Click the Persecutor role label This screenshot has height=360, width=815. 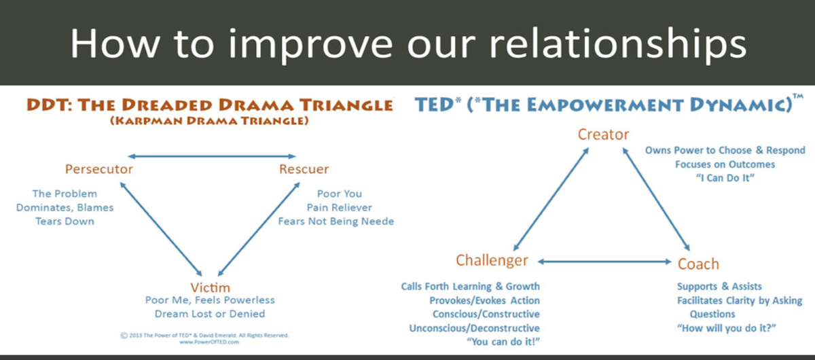point(98,169)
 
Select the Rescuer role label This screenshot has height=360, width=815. point(304,169)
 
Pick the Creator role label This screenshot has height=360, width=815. point(603,134)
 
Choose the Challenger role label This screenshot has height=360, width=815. point(492,261)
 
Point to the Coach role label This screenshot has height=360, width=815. point(698,263)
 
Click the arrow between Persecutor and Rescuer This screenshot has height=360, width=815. point(212,156)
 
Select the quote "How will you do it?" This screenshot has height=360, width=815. point(727,328)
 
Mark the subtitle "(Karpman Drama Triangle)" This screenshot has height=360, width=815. point(210,121)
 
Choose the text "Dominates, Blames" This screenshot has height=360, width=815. point(65,207)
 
